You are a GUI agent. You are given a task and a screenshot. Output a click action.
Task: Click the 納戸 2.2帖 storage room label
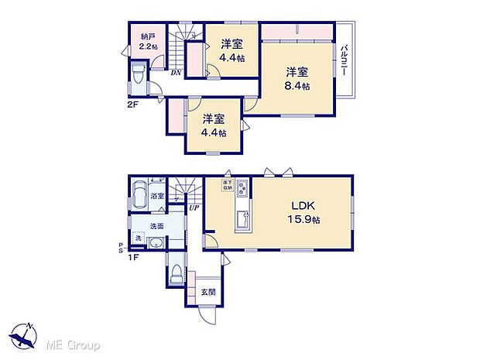coord(147,41)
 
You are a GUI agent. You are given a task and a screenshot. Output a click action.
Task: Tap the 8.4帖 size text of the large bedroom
coord(300,86)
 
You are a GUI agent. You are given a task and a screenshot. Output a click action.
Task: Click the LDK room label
coord(302,207)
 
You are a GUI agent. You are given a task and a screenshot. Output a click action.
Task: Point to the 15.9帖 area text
coord(302,221)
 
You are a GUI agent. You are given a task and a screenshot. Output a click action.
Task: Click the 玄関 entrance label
coord(208,293)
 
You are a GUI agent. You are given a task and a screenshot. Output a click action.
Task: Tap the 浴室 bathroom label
coord(157,197)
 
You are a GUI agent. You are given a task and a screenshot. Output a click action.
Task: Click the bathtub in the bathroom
coord(140,194)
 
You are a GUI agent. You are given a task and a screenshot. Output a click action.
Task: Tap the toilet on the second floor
coord(138,75)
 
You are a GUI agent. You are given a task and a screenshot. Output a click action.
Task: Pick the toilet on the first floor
coord(175,273)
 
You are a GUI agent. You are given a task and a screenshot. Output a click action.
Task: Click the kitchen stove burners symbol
coord(243,188)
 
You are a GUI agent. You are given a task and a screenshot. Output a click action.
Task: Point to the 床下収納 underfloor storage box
coord(228,184)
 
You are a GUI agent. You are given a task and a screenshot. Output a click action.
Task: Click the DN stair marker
coord(177,73)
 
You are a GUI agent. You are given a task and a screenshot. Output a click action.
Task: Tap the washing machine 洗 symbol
coord(138,236)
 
